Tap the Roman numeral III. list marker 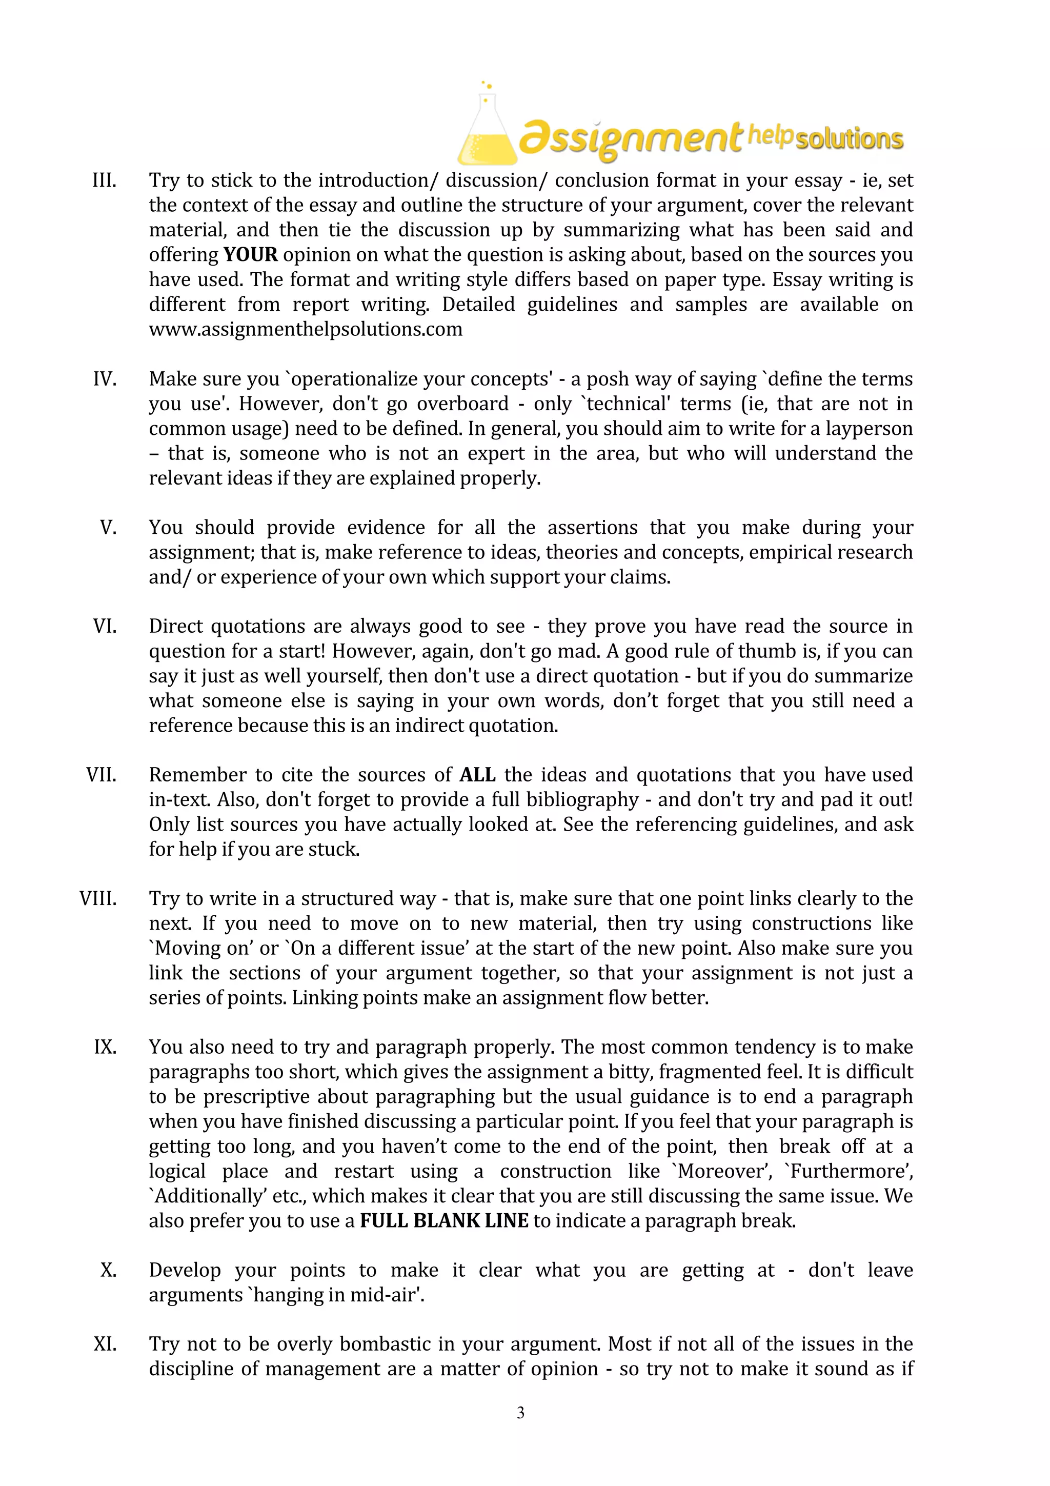tap(104, 180)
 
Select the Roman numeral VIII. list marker tap(98, 899)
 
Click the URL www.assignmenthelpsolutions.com tap(306, 329)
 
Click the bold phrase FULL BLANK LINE tap(444, 1220)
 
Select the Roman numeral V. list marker tap(108, 528)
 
